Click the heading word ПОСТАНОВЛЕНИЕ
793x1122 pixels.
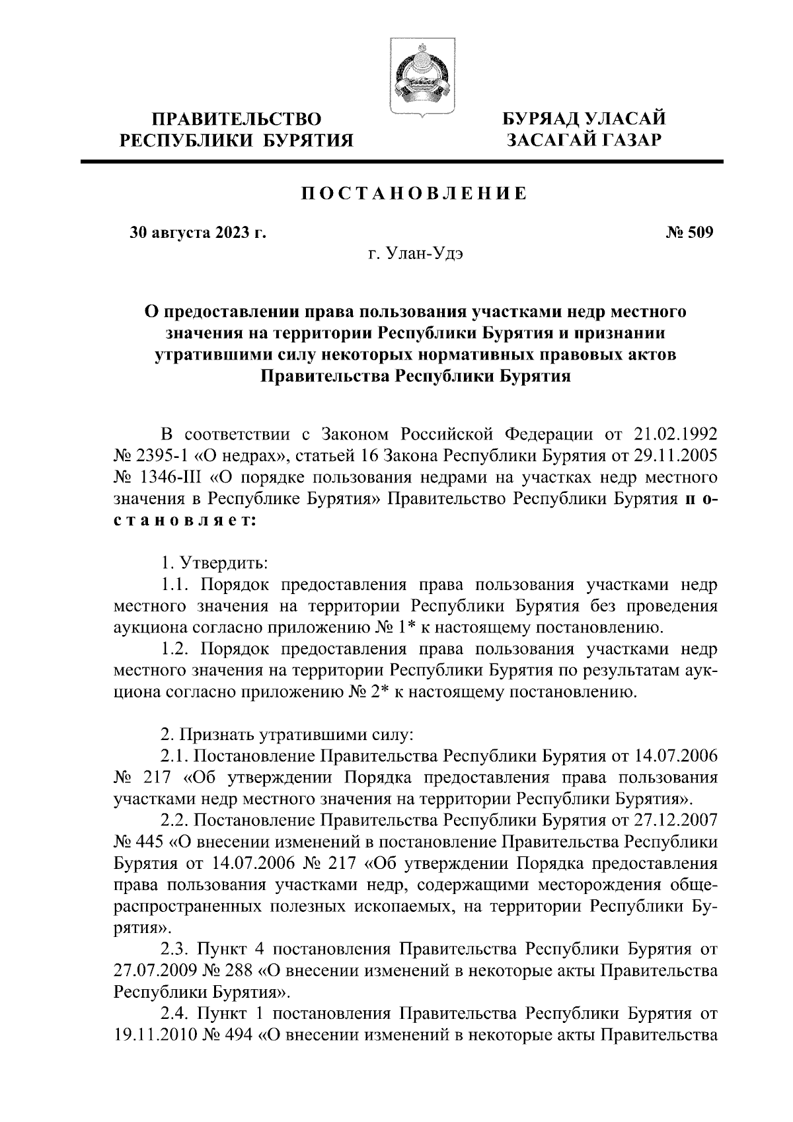(x=415, y=194)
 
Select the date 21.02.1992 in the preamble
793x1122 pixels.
(x=675, y=434)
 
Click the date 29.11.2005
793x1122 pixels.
(x=675, y=456)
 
